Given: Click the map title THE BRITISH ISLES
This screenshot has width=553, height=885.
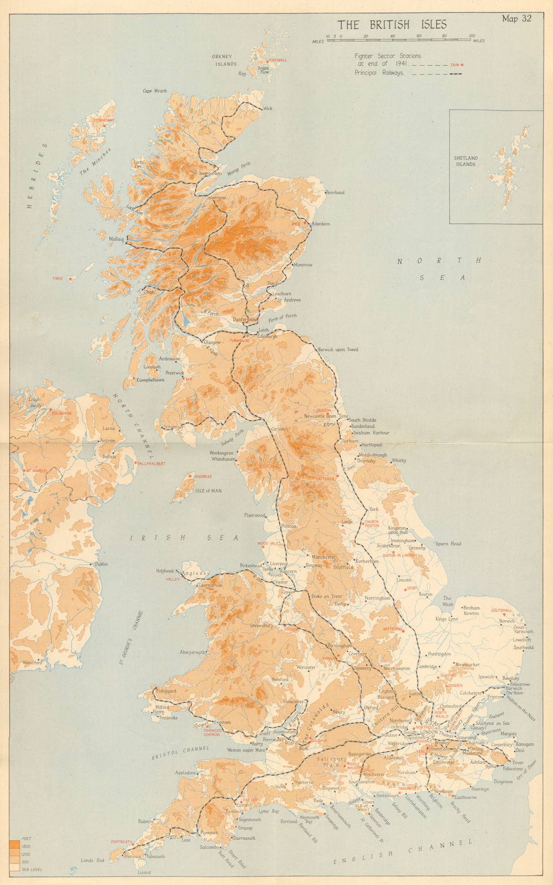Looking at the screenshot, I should point(392,24).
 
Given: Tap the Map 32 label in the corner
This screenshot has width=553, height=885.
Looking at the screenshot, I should point(517,18).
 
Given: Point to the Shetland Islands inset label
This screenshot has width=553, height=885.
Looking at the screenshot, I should point(466,161).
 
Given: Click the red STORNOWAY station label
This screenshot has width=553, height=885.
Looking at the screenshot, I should point(103,120).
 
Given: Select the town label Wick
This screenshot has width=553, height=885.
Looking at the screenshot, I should point(268,108).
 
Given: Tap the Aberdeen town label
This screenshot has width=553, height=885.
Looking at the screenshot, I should point(321,224).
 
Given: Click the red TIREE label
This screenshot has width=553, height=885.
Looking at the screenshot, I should point(58,279).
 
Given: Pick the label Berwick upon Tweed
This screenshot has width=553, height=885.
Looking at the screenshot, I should point(338,350).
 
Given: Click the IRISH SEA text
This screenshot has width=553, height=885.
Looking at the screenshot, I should point(185,538).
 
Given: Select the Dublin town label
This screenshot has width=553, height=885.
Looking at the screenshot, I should point(101,564).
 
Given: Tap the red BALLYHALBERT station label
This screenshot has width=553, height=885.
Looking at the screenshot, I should point(152,464).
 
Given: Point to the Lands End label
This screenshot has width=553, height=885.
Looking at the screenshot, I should point(92,860).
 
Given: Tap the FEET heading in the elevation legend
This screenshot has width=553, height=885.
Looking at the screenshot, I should point(26,839).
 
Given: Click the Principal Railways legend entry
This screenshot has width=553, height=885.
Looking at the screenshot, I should point(379,72).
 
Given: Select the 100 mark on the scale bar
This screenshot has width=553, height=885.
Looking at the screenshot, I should point(471,36).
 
